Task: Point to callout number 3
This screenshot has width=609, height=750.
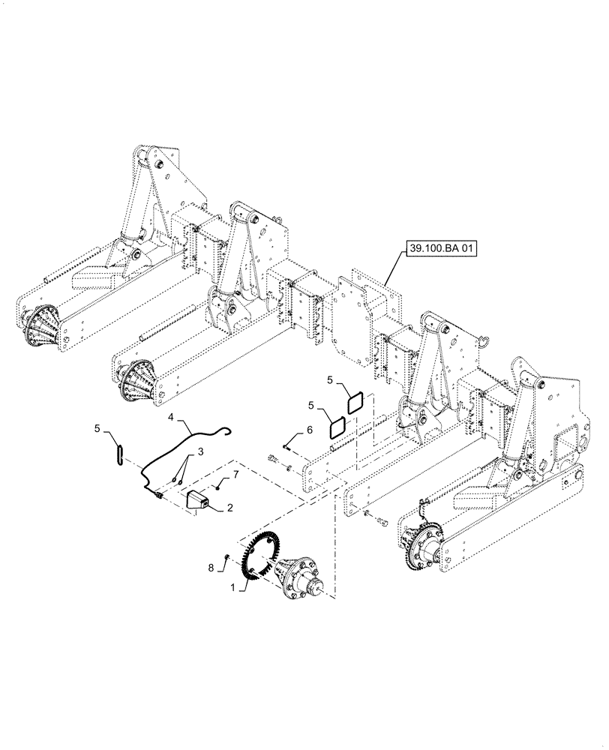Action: (x=172, y=416)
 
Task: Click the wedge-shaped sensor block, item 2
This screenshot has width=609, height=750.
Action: (x=199, y=499)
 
